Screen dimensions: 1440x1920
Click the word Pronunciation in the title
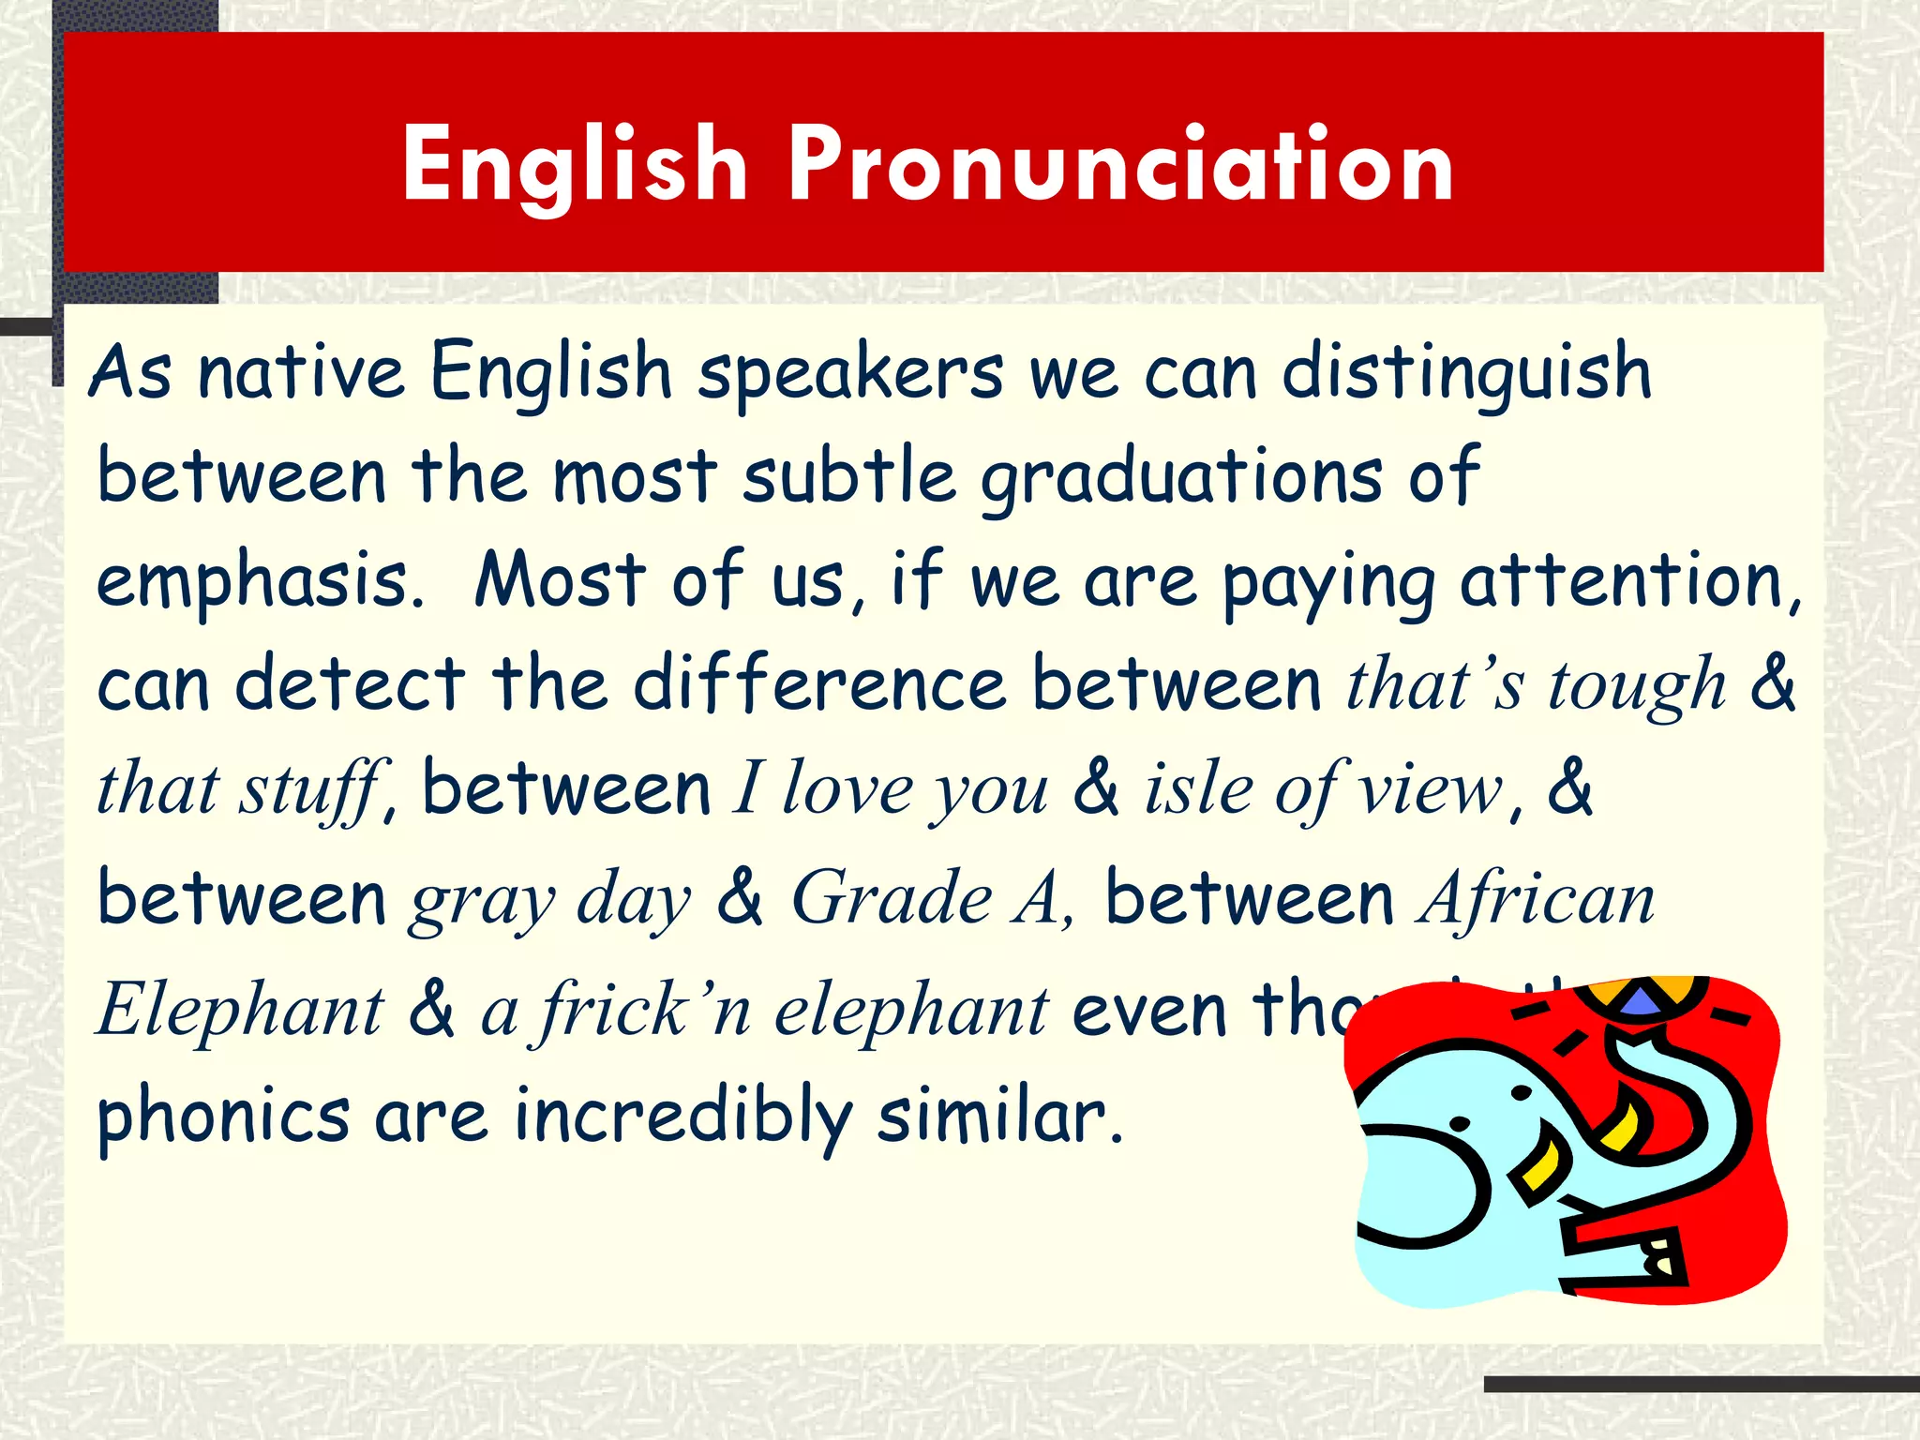1121,165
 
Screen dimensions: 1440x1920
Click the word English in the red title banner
575,165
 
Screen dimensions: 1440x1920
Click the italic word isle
1198,789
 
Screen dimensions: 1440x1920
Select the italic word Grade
892,898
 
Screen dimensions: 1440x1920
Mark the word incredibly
683,1116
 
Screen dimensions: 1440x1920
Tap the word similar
999,1116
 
